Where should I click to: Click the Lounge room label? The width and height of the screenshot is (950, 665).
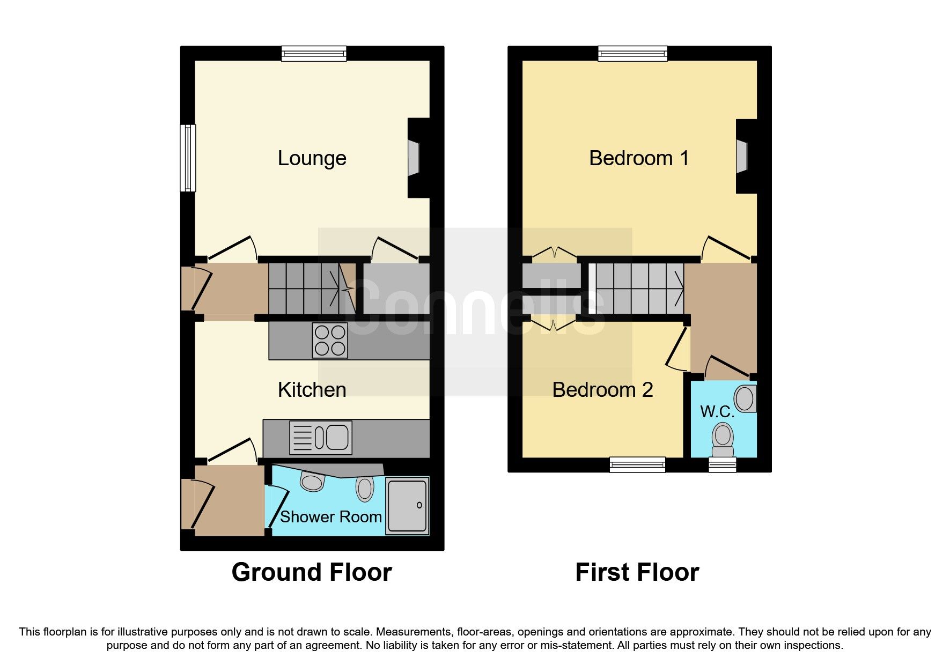(x=312, y=158)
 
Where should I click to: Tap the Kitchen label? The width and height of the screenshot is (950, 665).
(x=312, y=390)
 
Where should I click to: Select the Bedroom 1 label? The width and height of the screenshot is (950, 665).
(x=638, y=158)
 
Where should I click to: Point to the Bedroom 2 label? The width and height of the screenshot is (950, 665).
(x=602, y=390)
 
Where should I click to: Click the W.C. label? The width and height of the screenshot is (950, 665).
(x=717, y=412)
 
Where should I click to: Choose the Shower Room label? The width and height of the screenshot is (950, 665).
(x=330, y=517)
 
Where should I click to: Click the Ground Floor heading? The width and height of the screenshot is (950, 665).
(x=312, y=572)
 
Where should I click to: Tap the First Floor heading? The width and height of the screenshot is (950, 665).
(x=637, y=572)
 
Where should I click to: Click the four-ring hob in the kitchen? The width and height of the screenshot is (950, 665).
(x=330, y=341)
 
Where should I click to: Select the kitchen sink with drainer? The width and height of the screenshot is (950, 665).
(x=321, y=438)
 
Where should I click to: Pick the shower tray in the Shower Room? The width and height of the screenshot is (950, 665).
(x=408, y=506)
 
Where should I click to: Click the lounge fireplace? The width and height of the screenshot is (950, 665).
(x=414, y=158)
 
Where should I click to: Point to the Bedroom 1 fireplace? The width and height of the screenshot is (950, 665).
(x=741, y=157)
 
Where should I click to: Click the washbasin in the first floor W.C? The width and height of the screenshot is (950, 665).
(x=745, y=398)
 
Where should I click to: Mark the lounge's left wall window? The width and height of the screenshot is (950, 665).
(x=187, y=158)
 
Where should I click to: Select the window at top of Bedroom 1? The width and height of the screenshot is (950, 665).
(x=633, y=53)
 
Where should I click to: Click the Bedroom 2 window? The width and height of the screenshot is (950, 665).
(x=637, y=465)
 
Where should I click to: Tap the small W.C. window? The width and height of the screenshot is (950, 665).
(x=723, y=465)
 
